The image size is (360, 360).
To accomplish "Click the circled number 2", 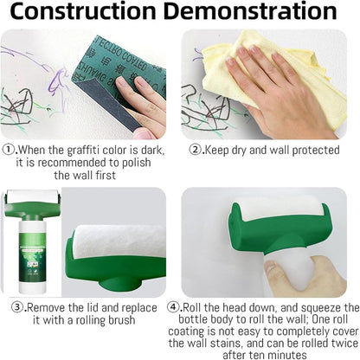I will click(x=196, y=148).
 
